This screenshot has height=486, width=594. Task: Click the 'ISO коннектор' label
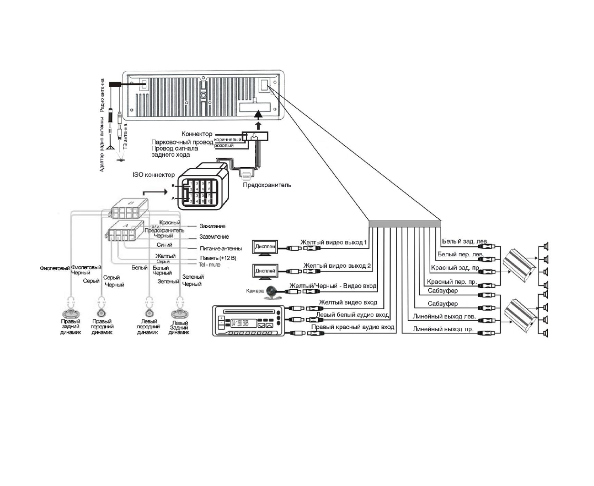153,175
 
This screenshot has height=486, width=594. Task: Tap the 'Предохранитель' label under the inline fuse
267,185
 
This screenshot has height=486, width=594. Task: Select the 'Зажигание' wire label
212,226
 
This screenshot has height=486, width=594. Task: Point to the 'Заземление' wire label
214,237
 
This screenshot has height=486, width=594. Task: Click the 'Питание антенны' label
221,248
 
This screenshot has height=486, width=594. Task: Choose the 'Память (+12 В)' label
218,258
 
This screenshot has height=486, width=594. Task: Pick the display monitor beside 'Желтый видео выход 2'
264,271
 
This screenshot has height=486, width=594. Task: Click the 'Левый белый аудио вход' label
352,315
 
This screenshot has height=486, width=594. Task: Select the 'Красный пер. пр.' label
452,282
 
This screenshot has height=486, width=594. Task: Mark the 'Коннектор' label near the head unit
197,134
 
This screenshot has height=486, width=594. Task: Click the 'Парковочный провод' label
182,142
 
